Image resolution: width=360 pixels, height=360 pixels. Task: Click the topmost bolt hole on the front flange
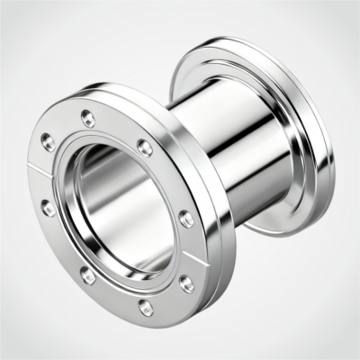(x=87, y=117)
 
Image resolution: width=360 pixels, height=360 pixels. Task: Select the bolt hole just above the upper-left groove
(x=48, y=140)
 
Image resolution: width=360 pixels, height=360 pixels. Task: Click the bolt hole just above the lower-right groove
(x=185, y=218)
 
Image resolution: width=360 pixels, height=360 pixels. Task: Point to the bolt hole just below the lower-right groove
(x=185, y=283)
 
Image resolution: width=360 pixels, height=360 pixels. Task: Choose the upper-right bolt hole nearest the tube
(x=144, y=146)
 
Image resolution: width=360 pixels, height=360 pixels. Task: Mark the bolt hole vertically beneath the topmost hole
(x=87, y=276)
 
